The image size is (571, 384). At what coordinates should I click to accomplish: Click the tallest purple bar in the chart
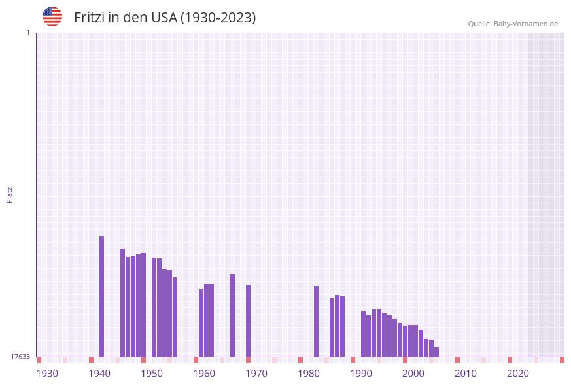pos(102,296)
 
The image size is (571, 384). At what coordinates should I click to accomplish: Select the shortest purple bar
pos(436,352)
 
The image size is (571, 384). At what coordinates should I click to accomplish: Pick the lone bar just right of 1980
pos(316,321)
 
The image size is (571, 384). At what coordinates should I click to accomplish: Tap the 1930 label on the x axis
pos(47,374)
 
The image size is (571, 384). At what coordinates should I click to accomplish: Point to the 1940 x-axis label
pos(99,374)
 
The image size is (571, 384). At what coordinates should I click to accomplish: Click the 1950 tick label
pos(152,374)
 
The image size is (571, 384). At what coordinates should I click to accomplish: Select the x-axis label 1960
pos(204,374)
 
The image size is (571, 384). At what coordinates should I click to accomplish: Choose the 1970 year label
pos(256,374)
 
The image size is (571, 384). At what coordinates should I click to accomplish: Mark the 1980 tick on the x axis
pos(309,374)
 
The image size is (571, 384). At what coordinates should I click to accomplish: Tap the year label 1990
pos(361,374)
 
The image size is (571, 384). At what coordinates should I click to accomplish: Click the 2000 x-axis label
pos(413,374)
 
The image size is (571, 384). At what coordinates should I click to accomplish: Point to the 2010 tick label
pos(466,374)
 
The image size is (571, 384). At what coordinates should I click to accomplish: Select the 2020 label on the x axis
pos(518,374)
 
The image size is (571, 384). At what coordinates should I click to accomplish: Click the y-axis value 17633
pos(20,357)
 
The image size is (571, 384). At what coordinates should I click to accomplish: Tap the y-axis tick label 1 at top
pos(27,33)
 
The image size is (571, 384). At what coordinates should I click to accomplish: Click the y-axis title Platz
pos(10,194)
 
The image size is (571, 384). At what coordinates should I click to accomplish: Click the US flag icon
pos(52,16)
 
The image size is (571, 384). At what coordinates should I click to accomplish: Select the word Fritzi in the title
pos(89,18)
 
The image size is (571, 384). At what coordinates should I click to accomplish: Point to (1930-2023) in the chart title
pos(218,18)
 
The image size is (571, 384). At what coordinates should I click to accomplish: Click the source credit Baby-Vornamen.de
pos(525,24)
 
